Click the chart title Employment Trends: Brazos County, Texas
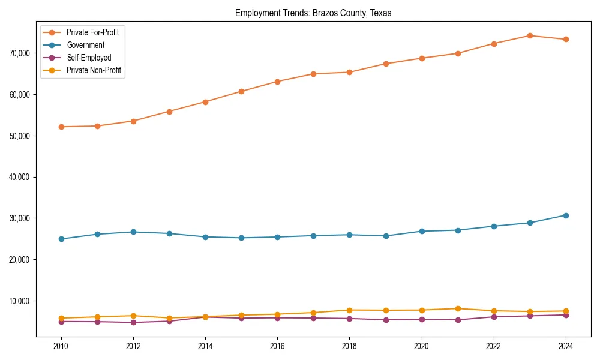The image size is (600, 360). pyautogui.click(x=313, y=13)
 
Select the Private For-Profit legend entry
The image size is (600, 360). pyautogui.click(x=92, y=32)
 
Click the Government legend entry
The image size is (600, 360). pyautogui.click(x=85, y=45)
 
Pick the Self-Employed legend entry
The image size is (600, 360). pyautogui.click(x=89, y=58)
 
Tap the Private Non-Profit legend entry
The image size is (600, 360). pyautogui.click(x=94, y=71)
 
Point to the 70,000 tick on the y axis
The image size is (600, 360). pyautogui.click(x=20, y=53)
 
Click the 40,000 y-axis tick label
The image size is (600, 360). pyautogui.click(x=20, y=177)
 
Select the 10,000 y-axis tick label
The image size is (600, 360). pyautogui.click(x=20, y=301)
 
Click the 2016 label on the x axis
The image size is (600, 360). pyautogui.click(x=277, y=346)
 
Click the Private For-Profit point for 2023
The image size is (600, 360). pyautogui.click(x=530, y=35)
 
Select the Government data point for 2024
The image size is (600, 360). pyautogui.click(x=566, y=215)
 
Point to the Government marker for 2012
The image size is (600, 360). pyautogui.click(x=133, y=232)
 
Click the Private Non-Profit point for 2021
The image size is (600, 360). pyautogui.click(x=458, y=308)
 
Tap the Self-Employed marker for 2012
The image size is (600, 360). pyautogui.click(x=133, y=323)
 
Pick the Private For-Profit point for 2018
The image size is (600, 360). pyautogui.click(x=349, y=72)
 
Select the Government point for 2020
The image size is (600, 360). pyautogui.click(x=422, y=231)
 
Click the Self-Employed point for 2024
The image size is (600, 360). pyautogui.click(x=566, y=315)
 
